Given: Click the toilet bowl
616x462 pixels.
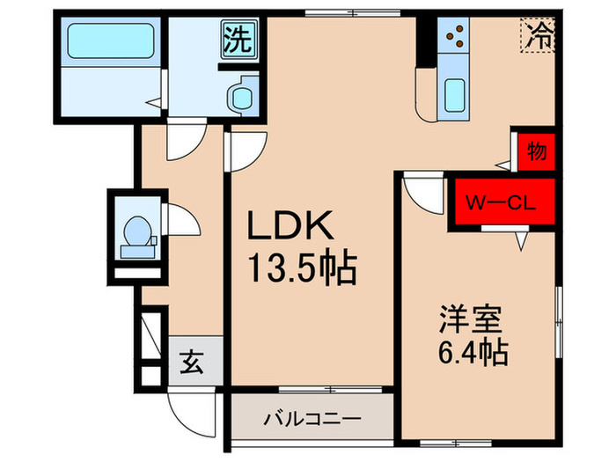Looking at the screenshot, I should [x=136, y=234].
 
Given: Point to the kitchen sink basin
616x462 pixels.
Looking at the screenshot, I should [x=455, y=95].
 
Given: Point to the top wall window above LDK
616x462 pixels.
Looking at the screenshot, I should [x=340, y=13].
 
